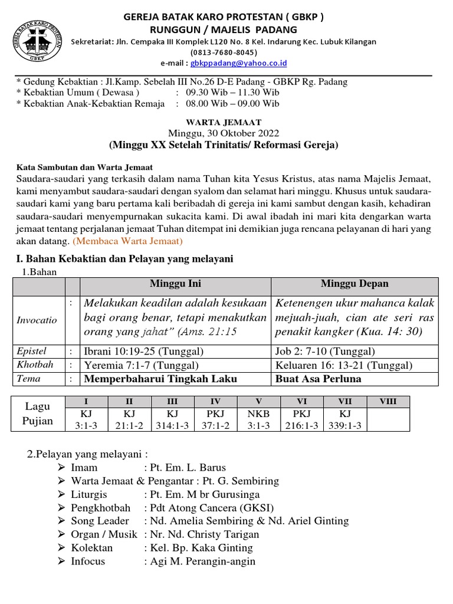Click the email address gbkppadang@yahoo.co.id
tap(238, 63)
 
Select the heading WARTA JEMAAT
tap(224, 122)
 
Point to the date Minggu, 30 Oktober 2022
tap(224, 133)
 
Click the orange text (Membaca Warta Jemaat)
tap(128, 241)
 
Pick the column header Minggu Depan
tap(354, 284)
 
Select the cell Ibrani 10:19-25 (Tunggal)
tap(145, 352)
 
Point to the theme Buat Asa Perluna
tap(319, 379)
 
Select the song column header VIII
tap(388, 402)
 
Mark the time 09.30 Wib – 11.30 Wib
tap(232, 93)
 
